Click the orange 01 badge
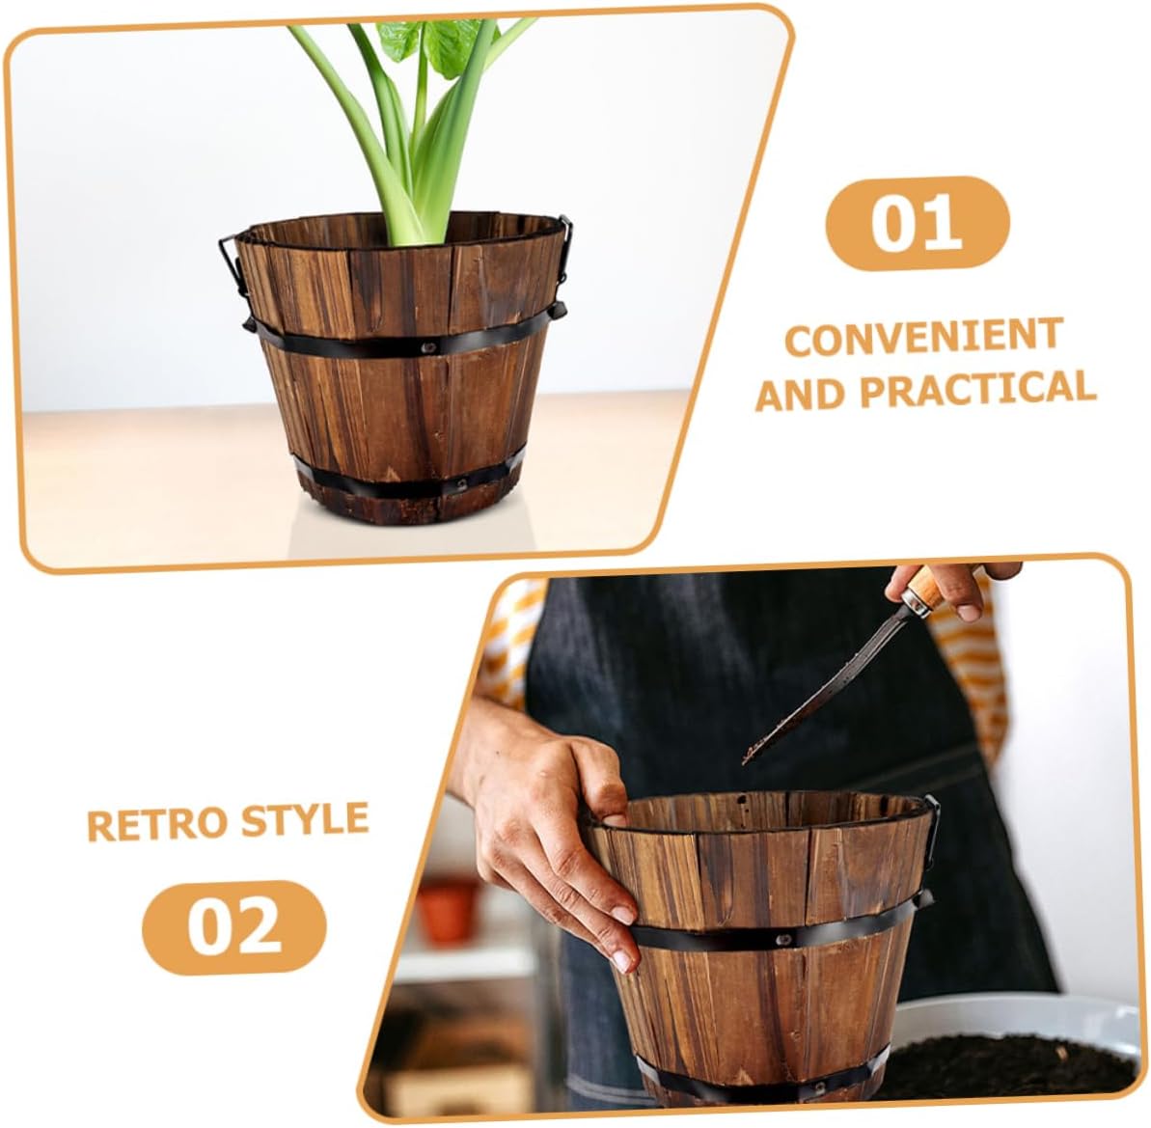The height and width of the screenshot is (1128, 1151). point(918,223)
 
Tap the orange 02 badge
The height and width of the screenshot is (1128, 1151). point(233,926)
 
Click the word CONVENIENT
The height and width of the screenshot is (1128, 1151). point(923,337)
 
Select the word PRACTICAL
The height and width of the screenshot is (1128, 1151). point(977,389)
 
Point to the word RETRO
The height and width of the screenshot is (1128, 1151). point(159,824)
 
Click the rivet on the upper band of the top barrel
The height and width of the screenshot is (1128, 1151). point(427,346)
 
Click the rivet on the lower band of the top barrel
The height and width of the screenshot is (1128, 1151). point(462,484)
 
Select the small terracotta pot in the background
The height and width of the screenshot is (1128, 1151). point(447,910)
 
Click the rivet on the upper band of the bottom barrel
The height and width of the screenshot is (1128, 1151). point(784,939)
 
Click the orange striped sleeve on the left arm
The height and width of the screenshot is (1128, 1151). point(507,647)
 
